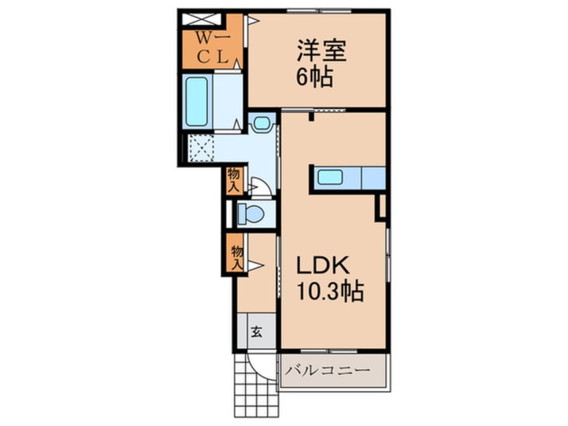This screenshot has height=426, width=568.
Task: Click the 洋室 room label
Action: pyautogui.click(x=322, y=51)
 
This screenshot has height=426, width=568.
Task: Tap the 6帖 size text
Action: pyautogui.click(x=315, y=77)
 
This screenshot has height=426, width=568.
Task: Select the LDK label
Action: pyautogui.click(x=323, y=266)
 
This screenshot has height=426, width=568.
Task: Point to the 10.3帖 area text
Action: pyautogui.click(x=330, y=291)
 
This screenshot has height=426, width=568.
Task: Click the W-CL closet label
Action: pyautogui.click(x=213, y=47)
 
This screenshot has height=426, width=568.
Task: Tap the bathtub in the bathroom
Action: pyautogui.click(x=197, y=102)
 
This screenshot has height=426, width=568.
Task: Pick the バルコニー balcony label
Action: pyautogui.click(x=328, y=370)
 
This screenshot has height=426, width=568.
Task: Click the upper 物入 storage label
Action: pyautogui.click(x=234, y=181)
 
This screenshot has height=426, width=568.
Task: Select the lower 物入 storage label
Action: pyautogui.click(x=237, y=257)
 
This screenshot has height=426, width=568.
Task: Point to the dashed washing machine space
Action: pyautogui.click(x=201, y=148)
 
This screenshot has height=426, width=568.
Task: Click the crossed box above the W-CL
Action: pyautogui.click(x=200, y=19)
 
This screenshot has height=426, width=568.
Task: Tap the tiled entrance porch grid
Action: pyautogui.click(x=256, y=386)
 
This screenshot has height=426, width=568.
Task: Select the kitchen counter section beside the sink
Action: pyautogui.click(x=373, y=178)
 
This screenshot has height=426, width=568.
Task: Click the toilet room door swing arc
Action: pyautogui.click(x=262, y=186)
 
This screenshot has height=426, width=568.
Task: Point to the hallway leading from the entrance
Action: pyautogui.click(x=257, y=273)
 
